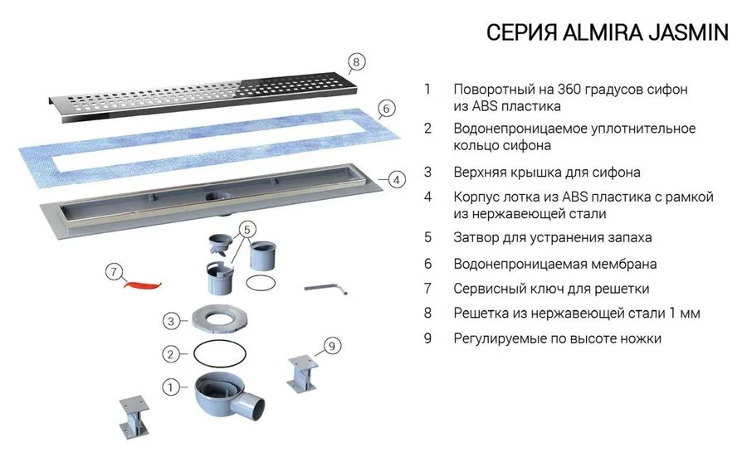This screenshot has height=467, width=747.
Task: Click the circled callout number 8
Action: tap(355, 62)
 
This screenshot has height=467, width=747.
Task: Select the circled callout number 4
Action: tap(397, 179)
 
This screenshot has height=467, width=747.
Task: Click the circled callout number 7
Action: tap(115, 270)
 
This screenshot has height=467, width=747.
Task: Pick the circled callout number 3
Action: tap(170, 320)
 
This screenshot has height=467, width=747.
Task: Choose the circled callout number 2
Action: tap(170, 354)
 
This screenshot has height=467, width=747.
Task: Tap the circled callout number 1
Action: tap(170, 387)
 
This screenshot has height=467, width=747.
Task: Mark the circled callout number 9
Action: tap(331, 347)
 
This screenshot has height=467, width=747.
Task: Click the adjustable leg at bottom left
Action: tap(132, 419)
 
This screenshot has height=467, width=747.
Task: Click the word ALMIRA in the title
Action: tap(585, 32)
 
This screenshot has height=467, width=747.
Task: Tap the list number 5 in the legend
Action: tap(427, 237)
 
